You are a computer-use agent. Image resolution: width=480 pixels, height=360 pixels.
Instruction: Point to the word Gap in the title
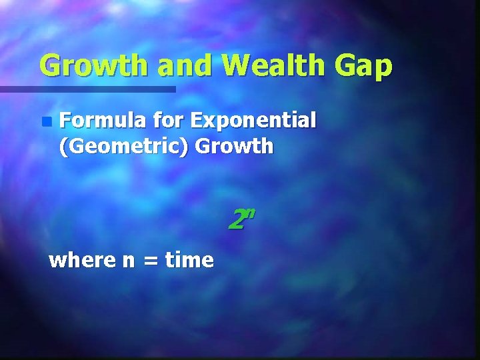365,67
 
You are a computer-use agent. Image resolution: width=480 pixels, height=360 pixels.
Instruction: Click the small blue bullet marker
45,121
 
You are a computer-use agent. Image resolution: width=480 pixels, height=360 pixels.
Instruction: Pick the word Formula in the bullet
103,120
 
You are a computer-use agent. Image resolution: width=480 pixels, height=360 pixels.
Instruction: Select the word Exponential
253,121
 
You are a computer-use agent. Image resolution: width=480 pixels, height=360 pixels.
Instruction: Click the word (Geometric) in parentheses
125,146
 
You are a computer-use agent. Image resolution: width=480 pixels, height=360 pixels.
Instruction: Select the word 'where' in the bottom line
83,259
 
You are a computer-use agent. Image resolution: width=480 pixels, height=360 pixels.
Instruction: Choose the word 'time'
189,259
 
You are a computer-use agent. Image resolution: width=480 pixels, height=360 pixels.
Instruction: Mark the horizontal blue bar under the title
87,89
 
